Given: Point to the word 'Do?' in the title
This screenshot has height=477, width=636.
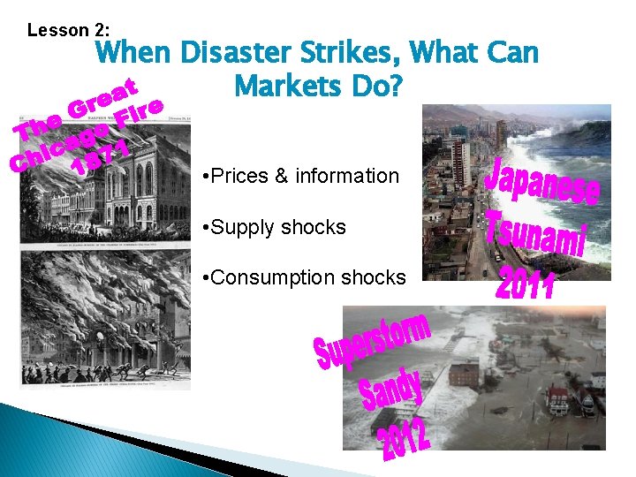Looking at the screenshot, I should [379, 87].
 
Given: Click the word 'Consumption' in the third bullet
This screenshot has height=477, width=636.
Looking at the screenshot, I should [266, 277].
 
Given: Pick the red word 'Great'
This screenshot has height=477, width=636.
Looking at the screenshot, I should [106, 102].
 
